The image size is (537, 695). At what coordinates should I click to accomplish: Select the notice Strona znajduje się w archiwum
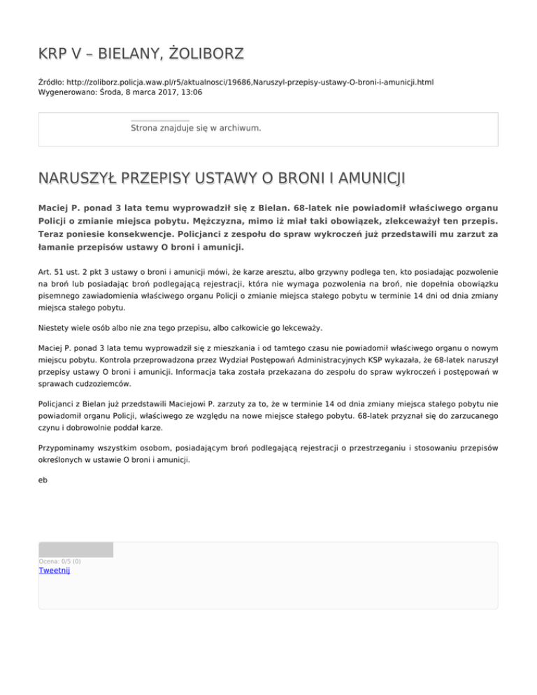[x=196, y=129]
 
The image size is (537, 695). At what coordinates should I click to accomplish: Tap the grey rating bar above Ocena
[x=76, y=550]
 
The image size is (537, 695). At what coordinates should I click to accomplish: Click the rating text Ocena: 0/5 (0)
[x=59, y=561]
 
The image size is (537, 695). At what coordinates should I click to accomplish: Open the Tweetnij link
[x=54, y=571]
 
